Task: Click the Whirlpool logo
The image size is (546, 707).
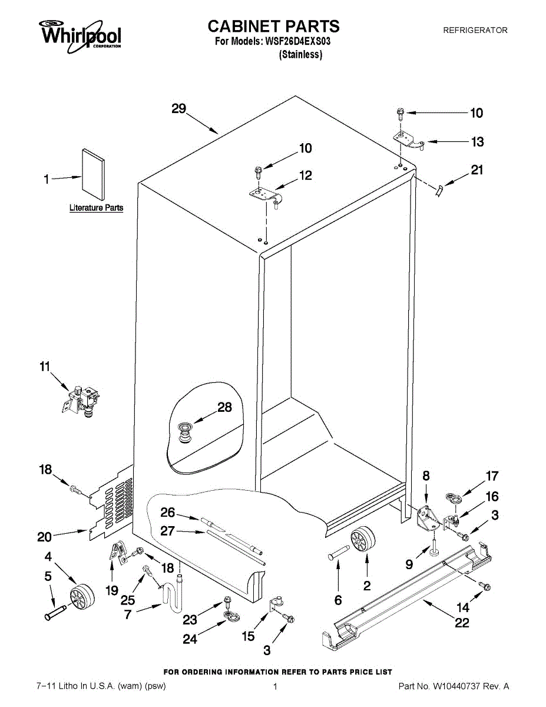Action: tap(80, 34)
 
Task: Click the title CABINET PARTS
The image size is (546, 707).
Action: tap(273, 26)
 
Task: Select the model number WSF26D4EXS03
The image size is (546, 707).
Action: tap(302, 41)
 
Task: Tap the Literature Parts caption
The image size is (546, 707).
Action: tap(96, 208)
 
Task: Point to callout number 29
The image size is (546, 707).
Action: tap(178, 108)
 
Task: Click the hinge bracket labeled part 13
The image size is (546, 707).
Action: tap(408, 140)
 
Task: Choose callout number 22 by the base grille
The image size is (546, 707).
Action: tap(462, 622)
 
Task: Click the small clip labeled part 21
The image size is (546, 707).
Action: tap(439, 191)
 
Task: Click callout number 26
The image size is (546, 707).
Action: tap(168, 513)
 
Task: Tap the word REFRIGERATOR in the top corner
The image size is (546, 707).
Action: tap(475, 30)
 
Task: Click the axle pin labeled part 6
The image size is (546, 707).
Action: tap(340, 554)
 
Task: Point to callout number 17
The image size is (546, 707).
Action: tap(491, 476)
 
